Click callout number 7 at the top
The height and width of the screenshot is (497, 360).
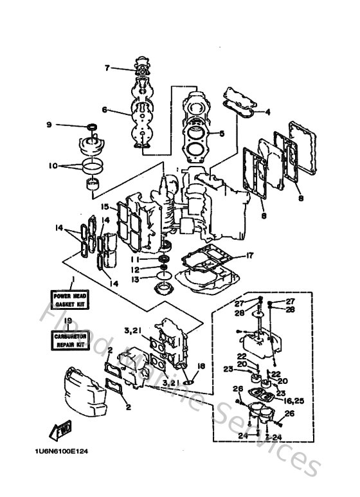pyautogui.click(x=109, y=68)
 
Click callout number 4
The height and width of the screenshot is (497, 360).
pyautogui.click(x=268, y=112)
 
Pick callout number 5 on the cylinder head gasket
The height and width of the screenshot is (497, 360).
pyautogui.click(x=221, y=134)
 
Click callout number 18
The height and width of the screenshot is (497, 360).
pyautogui.click(x=201, y=366)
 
